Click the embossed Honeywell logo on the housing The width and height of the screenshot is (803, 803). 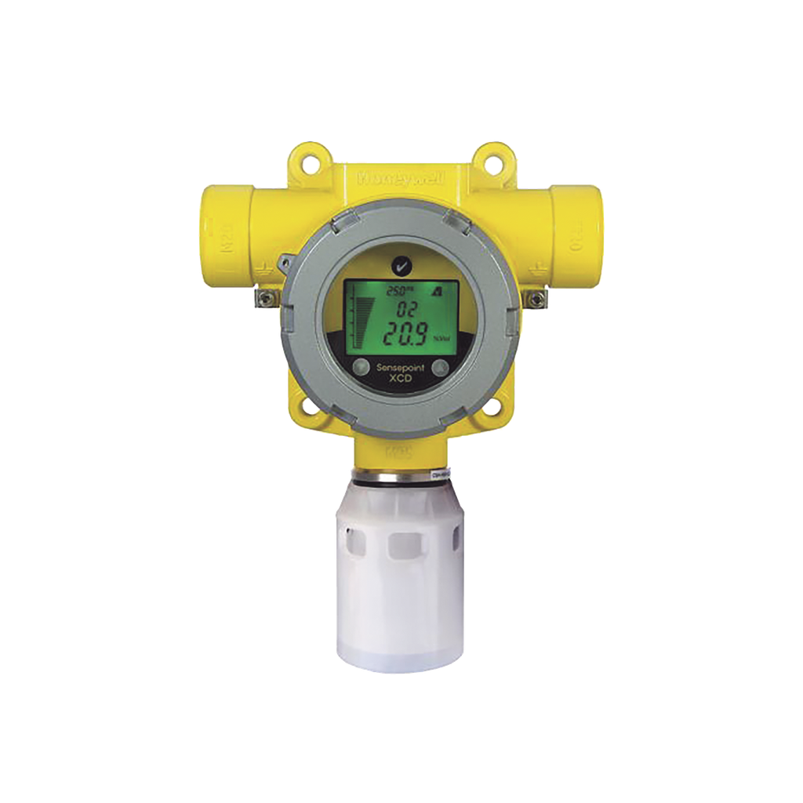401,179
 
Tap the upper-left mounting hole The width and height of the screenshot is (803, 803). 309,164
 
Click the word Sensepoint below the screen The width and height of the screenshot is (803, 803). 401,367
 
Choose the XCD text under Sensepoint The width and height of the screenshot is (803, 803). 401,378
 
